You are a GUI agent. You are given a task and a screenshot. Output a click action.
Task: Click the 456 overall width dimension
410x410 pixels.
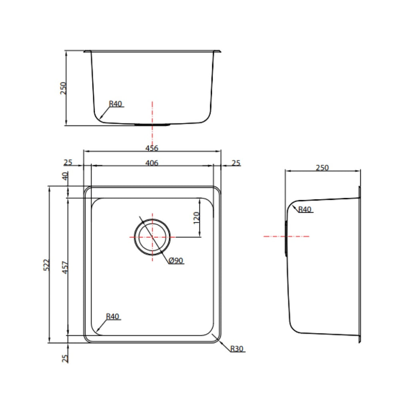tap(152, 148)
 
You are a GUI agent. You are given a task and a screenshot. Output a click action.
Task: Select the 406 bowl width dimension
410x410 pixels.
tap(152, 163)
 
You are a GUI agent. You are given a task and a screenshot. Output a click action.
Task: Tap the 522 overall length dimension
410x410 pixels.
tap(46, 265)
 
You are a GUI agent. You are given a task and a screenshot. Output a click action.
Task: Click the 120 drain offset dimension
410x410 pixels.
tap(197, 218)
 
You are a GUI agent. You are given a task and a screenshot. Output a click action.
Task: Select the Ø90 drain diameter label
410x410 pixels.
tap(176, 261)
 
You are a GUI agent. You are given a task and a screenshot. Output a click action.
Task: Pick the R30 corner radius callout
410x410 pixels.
tap(237, 349)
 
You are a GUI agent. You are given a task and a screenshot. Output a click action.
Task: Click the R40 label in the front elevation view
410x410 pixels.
tap(115, 104)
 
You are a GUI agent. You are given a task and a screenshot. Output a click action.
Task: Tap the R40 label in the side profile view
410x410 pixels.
tap(304, 209)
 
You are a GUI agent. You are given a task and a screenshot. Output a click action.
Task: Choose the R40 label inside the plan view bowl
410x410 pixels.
tap(113, 316)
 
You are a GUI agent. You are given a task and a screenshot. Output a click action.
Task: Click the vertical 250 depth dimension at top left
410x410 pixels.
tap(63, 88)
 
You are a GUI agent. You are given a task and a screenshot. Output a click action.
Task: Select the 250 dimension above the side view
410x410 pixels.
tap(322, 167)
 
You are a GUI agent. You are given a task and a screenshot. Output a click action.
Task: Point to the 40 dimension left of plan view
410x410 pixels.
tap(65, 176)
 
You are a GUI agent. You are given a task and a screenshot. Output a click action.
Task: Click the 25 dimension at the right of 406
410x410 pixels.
tap(236, 163)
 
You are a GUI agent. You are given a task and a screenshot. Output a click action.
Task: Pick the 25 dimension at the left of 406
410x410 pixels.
tap(68, 163)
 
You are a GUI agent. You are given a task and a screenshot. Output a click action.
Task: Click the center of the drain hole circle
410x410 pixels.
tap(152, 237)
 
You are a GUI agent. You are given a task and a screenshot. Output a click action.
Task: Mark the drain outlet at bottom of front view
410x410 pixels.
tap(152, 125)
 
